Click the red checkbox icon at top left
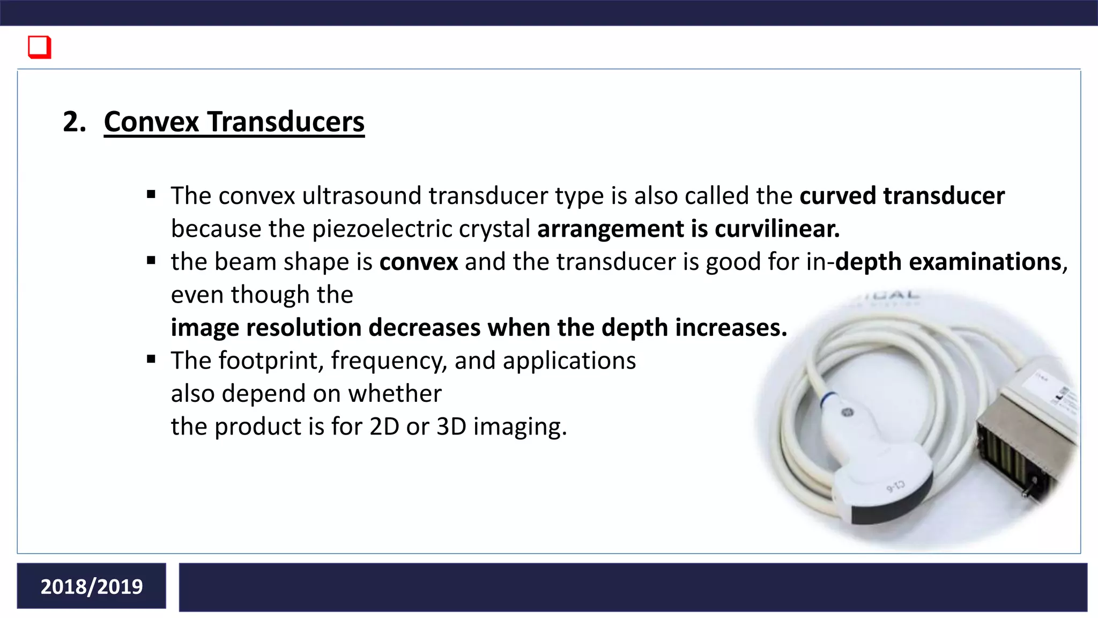pos(40,47)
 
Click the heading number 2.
pos(74,122)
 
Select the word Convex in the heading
pos(151,122)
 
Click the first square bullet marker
pos(151,194)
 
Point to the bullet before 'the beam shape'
pos(151,261)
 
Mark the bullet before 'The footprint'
pos(151,359)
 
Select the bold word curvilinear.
pos(777,229)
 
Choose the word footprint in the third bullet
pos(271,360)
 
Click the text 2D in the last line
pos(384,427)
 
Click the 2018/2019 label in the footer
pos(92,586)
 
